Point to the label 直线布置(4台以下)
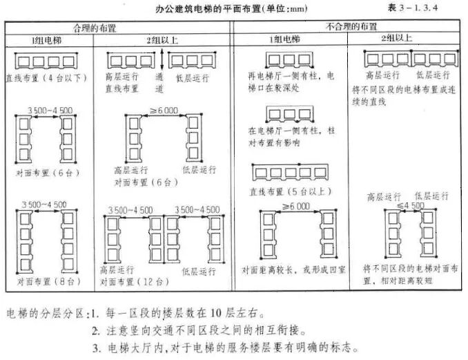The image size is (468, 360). coord(46,77)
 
